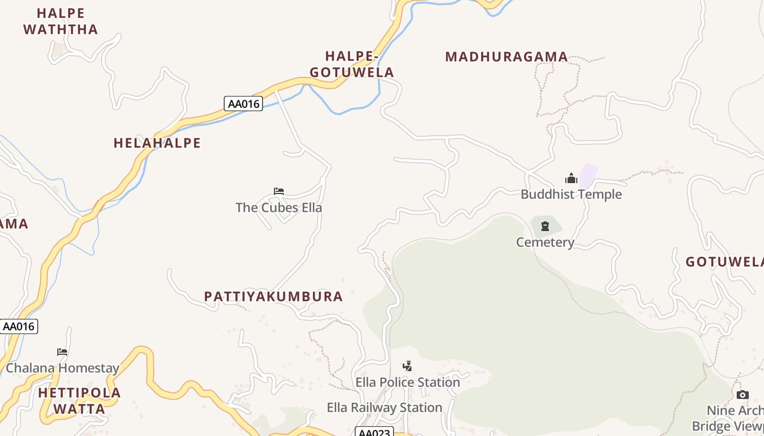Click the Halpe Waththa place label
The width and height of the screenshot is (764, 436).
[61, 21]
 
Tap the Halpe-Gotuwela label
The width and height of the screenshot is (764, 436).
[351, 64]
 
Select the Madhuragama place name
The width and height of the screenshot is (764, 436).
[506, 57]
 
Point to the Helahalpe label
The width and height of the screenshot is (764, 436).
[157, 143]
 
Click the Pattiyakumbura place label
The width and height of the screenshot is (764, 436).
[273, 296]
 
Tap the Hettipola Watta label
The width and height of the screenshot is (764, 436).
[80, 401]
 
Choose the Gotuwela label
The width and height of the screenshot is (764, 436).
[724, 262]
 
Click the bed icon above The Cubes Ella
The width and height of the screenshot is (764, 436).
[279, 191]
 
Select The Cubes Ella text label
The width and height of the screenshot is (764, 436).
[279, 208]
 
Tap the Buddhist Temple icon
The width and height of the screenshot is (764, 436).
[571, 178]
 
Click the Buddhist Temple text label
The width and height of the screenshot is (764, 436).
[571, 195]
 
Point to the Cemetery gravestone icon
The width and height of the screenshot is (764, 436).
[545, 226]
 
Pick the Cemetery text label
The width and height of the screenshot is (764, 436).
[545, 243]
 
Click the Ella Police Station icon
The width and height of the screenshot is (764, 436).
[407, 366]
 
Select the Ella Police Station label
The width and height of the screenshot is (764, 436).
[408, 383]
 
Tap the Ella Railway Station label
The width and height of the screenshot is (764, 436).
[384, 408]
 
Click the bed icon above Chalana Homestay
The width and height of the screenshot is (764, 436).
[62, 352]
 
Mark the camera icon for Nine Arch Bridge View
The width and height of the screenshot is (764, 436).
[742, 395]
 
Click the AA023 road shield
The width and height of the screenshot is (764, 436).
[374, 432]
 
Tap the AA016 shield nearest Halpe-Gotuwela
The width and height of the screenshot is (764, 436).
[243, 104]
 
